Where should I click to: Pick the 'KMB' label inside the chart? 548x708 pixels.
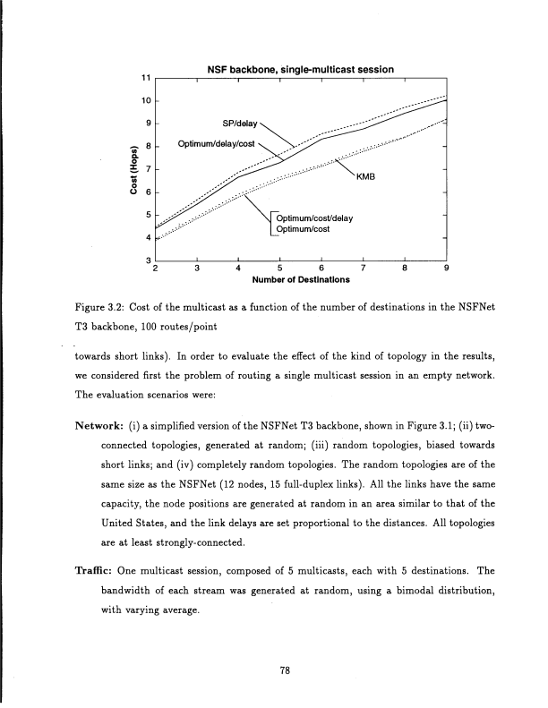click(366, 176)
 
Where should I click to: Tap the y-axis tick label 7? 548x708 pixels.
click(148, 168)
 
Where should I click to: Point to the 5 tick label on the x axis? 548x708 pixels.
click(279, 268)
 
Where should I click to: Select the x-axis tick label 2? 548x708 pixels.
click(155, 268)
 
